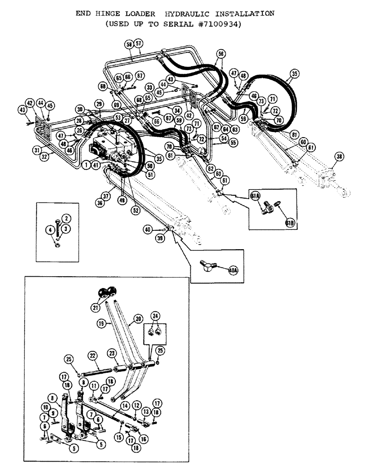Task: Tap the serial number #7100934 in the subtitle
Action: pyautogui.click(x=218, y=25)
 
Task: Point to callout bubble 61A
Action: pyautogui.click(x=255, y=195)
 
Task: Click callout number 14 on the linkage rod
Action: pyautogui.click(x=125, y=406)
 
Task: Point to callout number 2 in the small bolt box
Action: pyautogui.click(x=66, y=219)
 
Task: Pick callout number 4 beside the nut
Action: pyautogui.click(x=49, y=230)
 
